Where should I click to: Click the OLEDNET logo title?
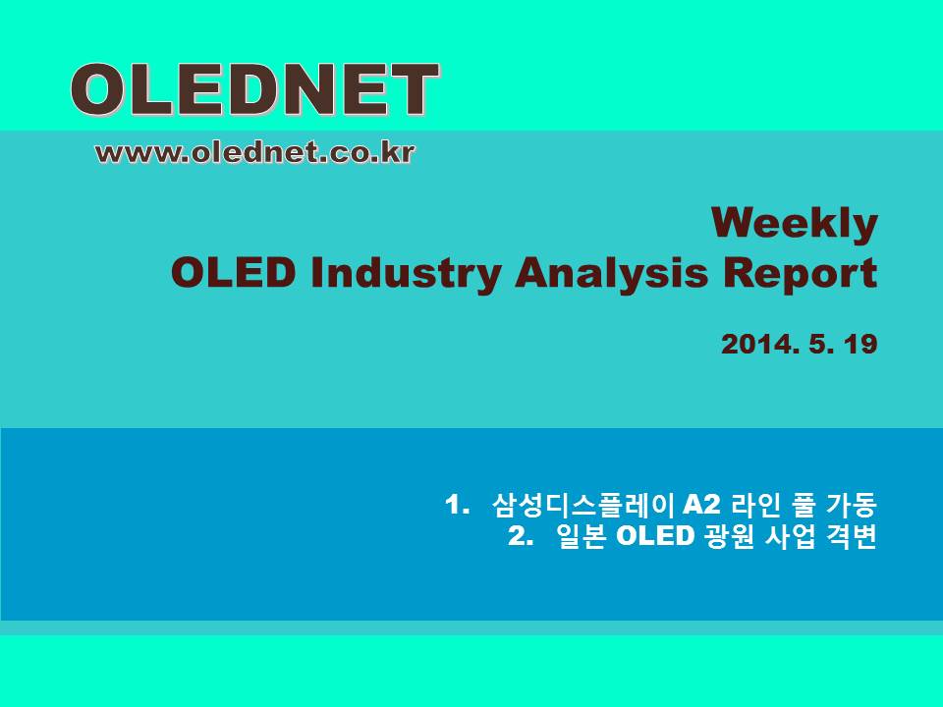[255, 90]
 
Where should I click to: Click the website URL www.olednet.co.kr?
[255, 152]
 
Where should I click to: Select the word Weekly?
[795, 225]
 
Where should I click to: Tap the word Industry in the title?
[406, 274]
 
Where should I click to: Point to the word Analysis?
[611, 274]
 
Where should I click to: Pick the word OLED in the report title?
[234, 273]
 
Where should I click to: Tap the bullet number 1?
[457, 505]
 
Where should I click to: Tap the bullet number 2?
[521, 536]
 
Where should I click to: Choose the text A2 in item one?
[701, 505]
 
